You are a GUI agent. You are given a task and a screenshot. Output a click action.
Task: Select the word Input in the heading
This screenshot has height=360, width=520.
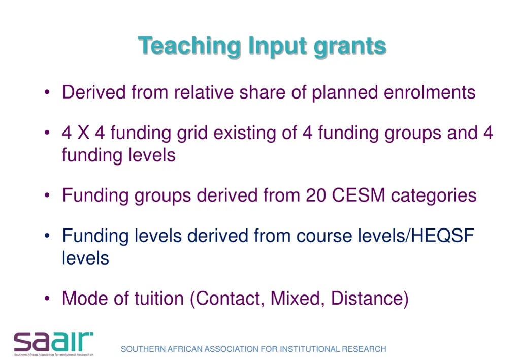(277, 47)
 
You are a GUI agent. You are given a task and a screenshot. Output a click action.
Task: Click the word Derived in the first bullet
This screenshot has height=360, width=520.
(94, 92)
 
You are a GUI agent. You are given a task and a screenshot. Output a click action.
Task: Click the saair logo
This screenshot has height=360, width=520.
(54, 343)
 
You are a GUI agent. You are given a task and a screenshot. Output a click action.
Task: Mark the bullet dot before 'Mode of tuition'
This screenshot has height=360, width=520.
(47, 299)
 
